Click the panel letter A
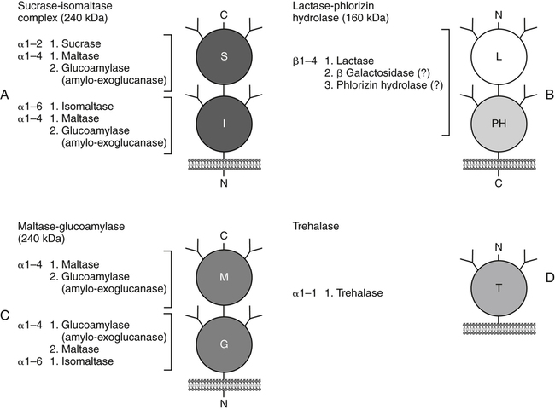(7, 98)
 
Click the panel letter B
(547, 98)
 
